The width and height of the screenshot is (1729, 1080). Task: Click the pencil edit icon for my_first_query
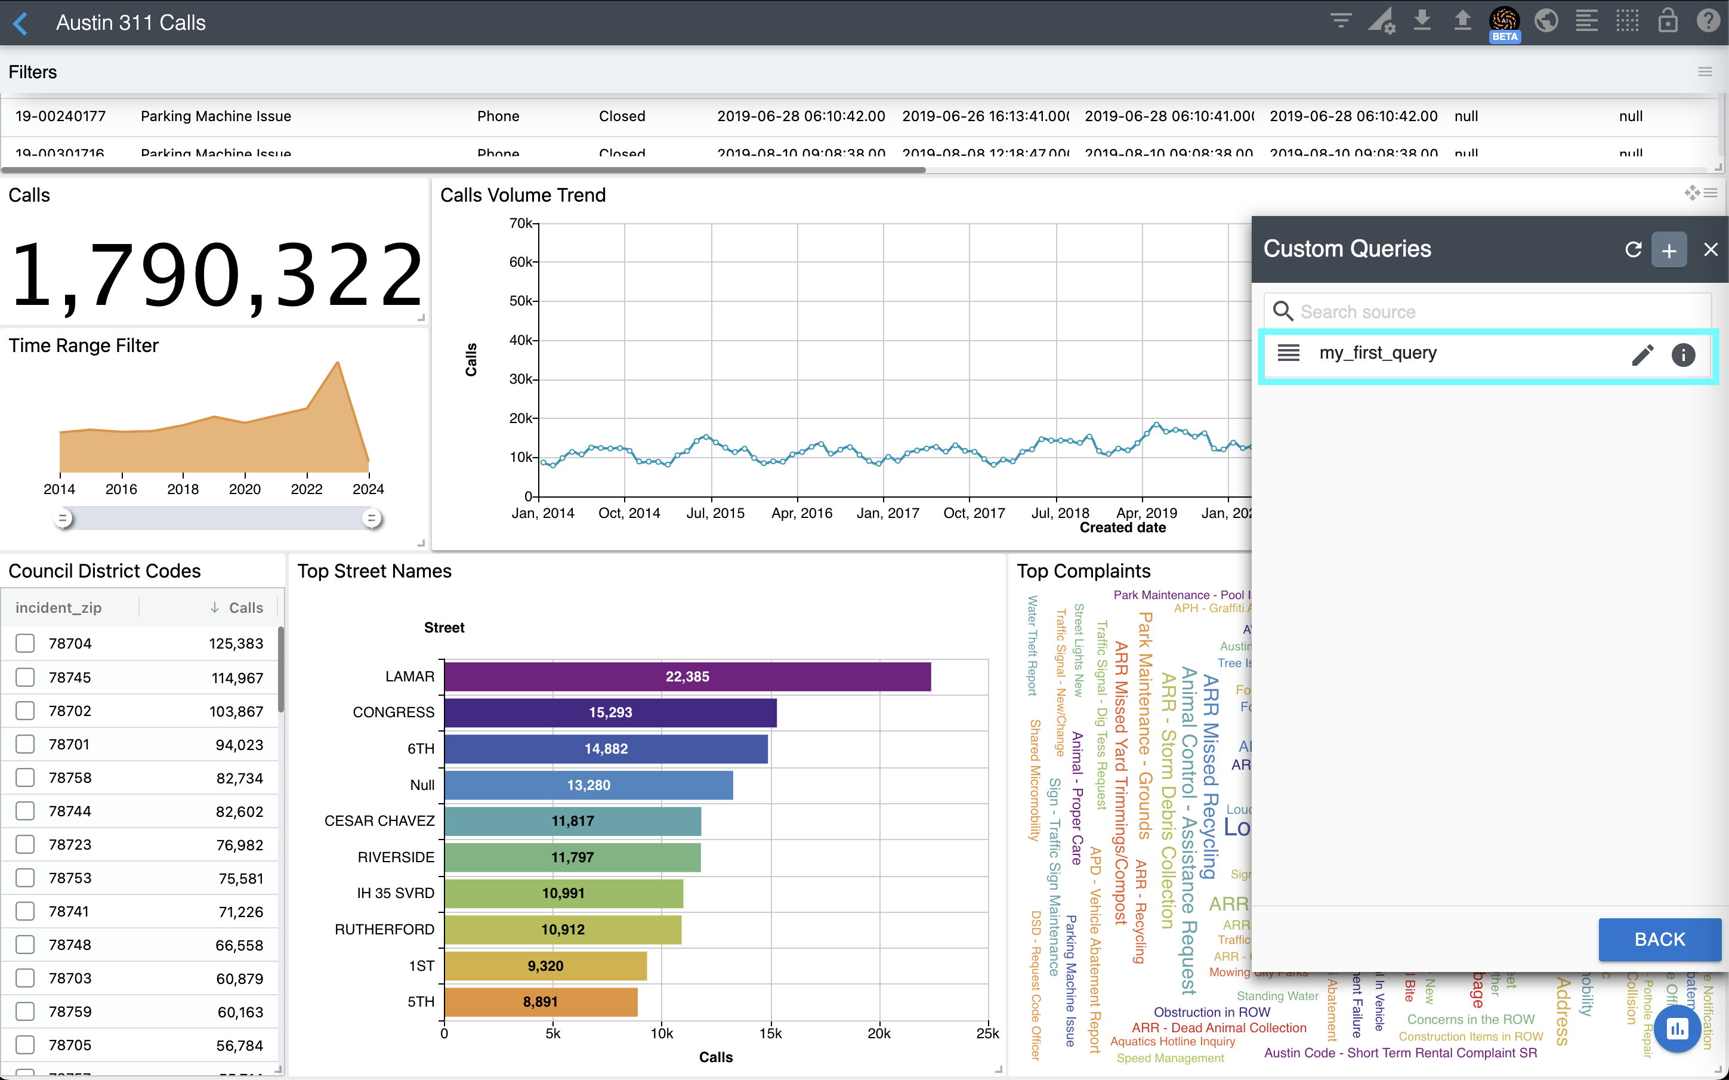coord(1642,354)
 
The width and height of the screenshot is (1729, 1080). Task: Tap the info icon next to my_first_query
coord(1682,354)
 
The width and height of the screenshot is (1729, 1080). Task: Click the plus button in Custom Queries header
coord(1668,250)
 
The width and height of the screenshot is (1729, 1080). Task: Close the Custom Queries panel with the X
coord(1711,249)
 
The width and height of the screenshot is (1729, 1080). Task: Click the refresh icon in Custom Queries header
coord(1632,249)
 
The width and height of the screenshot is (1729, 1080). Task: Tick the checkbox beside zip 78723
coord(25,844)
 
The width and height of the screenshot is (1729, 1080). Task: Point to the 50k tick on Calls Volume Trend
coord(521,301)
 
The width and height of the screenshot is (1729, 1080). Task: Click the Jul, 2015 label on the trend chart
coord(715,513)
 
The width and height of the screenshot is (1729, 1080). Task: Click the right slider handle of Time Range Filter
coord(371,518)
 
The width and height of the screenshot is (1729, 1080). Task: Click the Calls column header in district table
coord(246,608)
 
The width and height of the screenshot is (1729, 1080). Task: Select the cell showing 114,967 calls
coord(237,677)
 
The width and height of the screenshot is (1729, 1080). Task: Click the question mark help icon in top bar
coord(1707,21)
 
